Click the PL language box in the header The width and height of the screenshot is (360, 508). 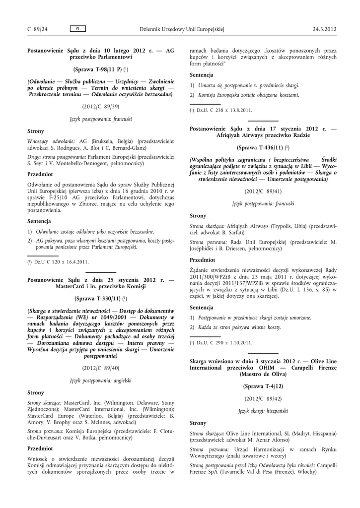tap(78, 29)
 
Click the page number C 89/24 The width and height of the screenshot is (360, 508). tap(37, 29)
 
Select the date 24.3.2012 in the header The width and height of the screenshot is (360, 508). tap(325, 29)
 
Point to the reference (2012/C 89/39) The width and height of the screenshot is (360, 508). tap(101, 107)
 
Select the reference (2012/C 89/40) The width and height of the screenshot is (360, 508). tap(101, 368)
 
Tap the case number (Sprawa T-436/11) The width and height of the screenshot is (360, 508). tap(263, 147)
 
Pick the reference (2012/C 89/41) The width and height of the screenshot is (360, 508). tap(263, 191)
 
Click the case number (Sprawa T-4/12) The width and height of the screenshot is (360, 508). tap(263, 385)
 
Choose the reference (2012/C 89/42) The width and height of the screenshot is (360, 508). tap(263, 398)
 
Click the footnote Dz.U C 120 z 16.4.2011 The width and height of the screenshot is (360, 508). tap(60, 262)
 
